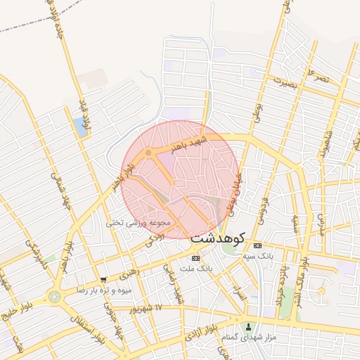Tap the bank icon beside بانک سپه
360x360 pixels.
click(x=258, y=245)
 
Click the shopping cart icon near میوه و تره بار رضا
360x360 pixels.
click(x=103, y=280)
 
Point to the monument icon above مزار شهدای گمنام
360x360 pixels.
click(x=248, y=326)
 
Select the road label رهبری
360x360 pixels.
click(x=129, y=271)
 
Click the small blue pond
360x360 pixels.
click(x=80, y=127)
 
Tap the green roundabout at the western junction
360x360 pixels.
click(x=54, y=296)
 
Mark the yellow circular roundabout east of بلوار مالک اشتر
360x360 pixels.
click(x=321, y=290)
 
